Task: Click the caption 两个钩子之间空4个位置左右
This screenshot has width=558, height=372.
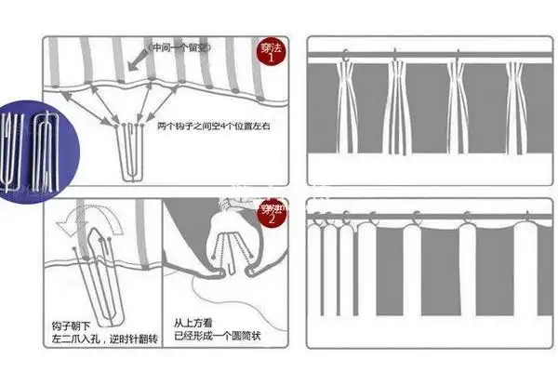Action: pos(206,125)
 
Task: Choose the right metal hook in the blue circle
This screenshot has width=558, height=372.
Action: pos(46,146)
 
